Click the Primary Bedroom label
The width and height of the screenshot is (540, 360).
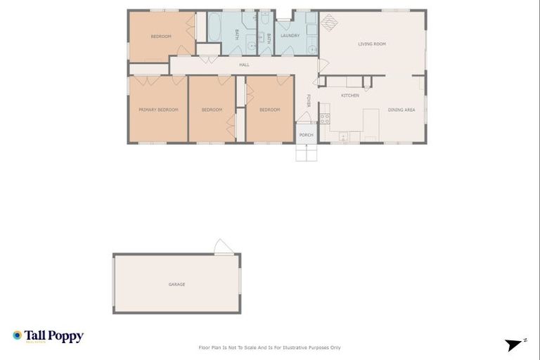coord(157,110)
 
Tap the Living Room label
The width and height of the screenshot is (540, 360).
coord(372,44)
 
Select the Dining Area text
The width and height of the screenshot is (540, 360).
coord(401,110)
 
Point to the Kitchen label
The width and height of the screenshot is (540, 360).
coord(350,96)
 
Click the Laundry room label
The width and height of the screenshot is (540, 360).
coord(290,35)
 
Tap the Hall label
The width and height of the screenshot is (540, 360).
coord(244,65)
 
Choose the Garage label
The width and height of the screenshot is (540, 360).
coord(176,284)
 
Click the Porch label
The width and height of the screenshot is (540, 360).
coord(306,134)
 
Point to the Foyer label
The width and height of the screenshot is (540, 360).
coord(308,101)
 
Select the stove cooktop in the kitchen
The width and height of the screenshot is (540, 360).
coord(325,118)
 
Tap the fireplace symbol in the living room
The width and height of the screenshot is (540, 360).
coord(329,21)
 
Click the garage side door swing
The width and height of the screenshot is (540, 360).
coord(223,247)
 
